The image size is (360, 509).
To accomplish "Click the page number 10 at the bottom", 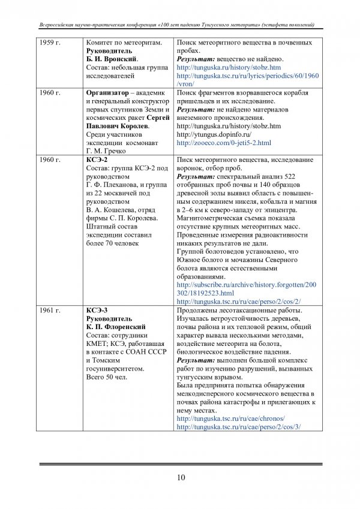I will point(180,477).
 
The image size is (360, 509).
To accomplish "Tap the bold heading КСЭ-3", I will point(97,310).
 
